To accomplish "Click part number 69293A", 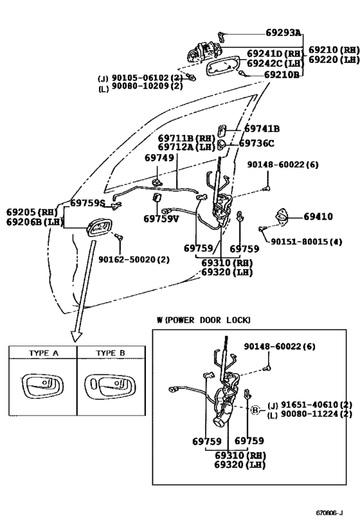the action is [x=283, y=33].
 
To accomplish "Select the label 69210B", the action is [x=282, y=75].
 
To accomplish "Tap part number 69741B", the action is [x=262, y=128].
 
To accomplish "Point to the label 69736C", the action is [x=256, y=143].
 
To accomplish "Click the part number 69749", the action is [x=159, y=157].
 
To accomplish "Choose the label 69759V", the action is [x=161, y=219].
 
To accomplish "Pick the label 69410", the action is [x=318, y=216].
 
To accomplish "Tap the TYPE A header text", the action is [x=44, y=353].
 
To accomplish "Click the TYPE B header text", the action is [x=111, y=353].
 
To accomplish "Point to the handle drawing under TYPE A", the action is [x=42, y=386].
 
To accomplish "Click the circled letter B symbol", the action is [x=255, y=410].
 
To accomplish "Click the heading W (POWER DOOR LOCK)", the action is [x=204, y=320].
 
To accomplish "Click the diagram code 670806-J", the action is [x=329, y=513].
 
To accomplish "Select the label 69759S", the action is [x=87, y=202].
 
